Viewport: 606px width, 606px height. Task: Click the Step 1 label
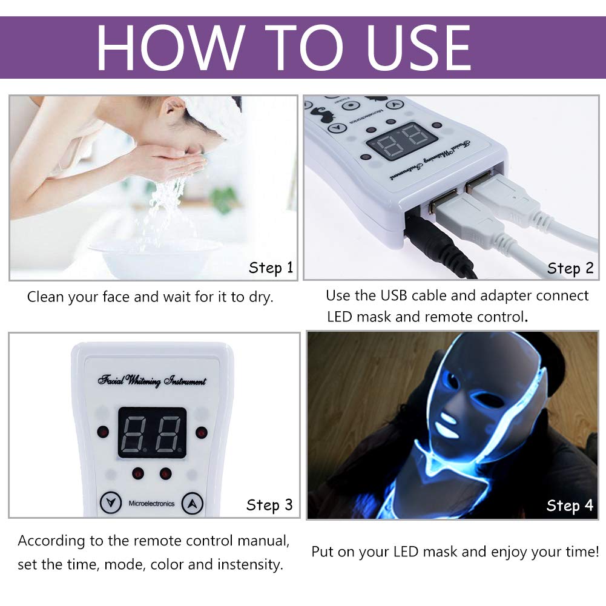point(271,268)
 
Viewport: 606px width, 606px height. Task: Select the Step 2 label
point(570,268)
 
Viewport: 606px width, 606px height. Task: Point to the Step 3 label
point(269,504)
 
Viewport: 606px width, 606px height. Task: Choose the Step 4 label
point(570,505)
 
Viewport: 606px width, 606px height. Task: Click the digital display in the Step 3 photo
point(151,432)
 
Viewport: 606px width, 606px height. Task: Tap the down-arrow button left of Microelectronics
point(110,502)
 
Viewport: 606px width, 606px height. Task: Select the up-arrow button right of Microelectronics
point(192,502)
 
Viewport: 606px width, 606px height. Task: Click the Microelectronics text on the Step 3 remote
point(151,503)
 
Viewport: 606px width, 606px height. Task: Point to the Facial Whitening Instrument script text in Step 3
point(152,381)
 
